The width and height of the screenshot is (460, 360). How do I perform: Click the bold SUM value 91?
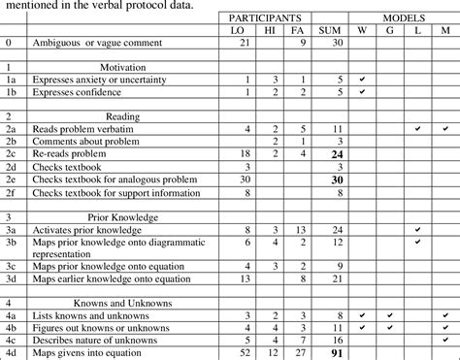pos(308,353)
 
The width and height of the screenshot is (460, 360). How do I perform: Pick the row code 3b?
pos(10,243)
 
